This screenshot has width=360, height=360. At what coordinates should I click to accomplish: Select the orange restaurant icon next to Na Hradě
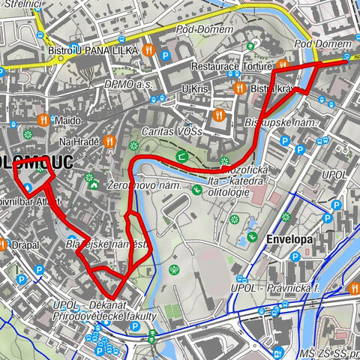(x=109, y=139)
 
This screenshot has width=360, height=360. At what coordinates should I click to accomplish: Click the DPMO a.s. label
(x=128, y=85)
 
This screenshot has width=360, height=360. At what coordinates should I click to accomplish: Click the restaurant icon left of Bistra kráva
(x=239, y=88)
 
